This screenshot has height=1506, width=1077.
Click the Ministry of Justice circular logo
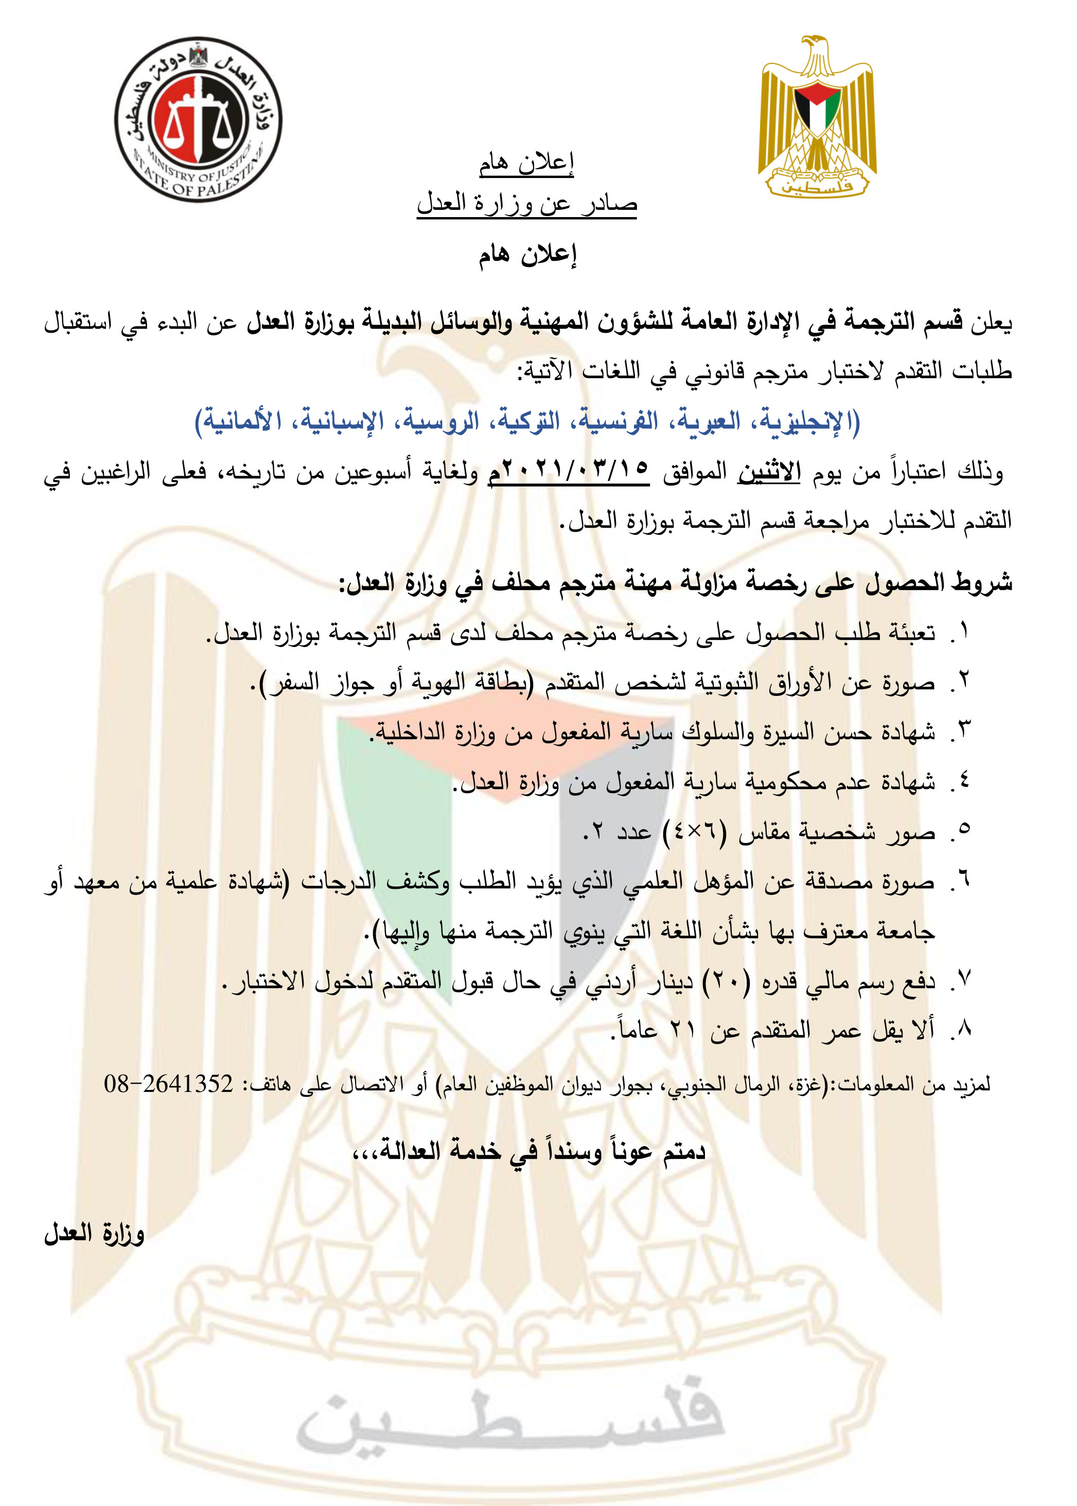pos(198,120)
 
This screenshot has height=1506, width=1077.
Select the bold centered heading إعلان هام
pos(527,255)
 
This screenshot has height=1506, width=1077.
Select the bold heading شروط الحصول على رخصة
pos(677,583)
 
